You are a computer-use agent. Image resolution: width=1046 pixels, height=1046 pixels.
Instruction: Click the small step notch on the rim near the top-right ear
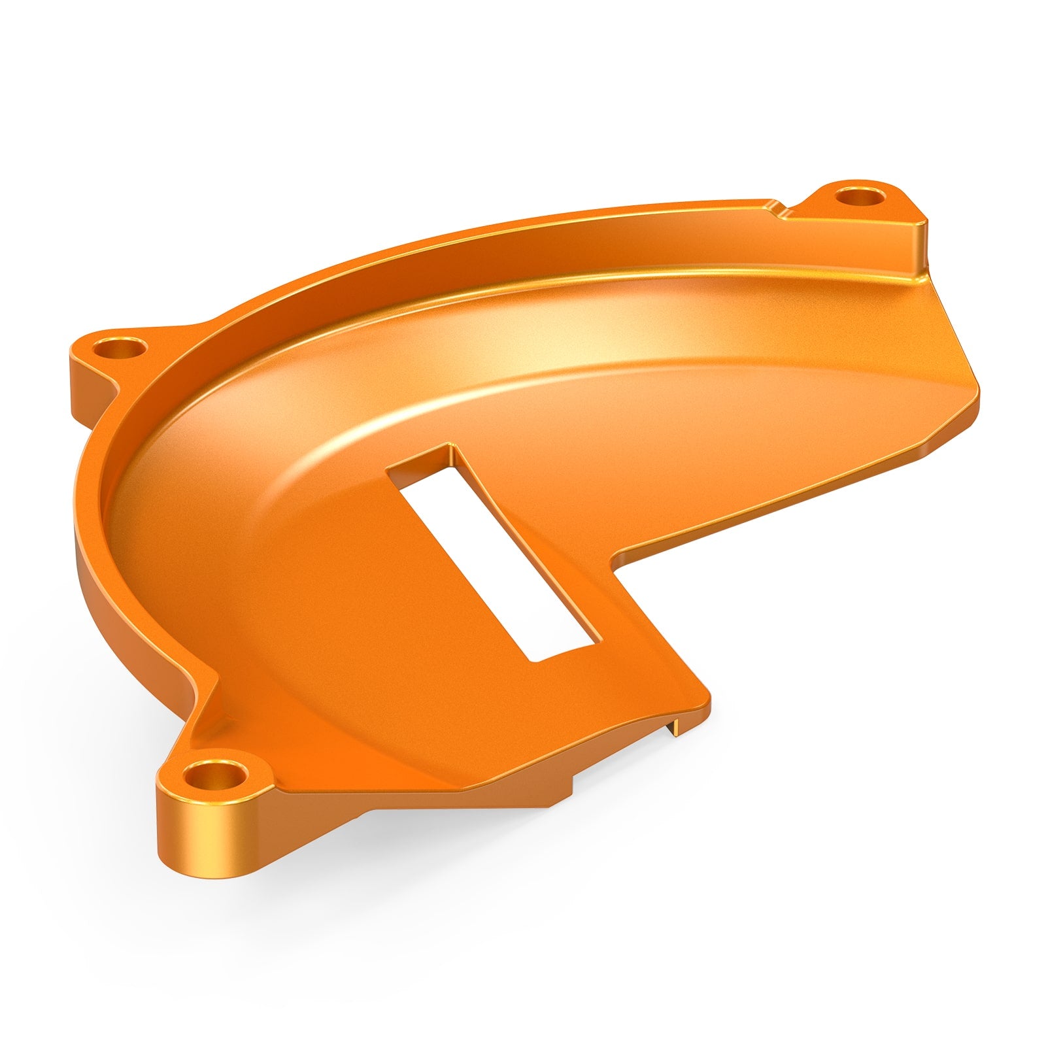coord(778,209)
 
